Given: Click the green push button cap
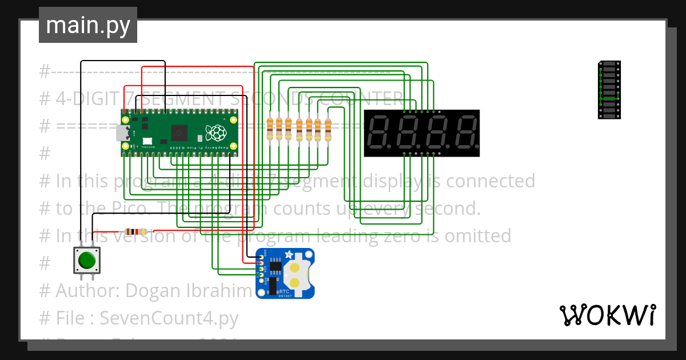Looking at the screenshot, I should tap(87, 260).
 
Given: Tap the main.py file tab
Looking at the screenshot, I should tap(87, 26).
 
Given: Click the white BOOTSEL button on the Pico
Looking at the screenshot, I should tap(147, 141).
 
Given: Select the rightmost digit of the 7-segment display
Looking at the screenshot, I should tap(467, 133).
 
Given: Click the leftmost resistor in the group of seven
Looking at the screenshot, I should tap(270, 129).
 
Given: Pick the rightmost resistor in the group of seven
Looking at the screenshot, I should tap(328, 129).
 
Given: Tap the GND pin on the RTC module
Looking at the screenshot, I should tap(261, 255).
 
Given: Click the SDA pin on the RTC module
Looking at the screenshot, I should tap(261, 269).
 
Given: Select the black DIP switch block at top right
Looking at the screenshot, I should tap(609, 90).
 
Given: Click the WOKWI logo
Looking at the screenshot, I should tap(607, 315).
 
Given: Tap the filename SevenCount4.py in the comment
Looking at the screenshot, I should tap(169, 317).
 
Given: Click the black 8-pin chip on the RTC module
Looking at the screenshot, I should tap(276, 266).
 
